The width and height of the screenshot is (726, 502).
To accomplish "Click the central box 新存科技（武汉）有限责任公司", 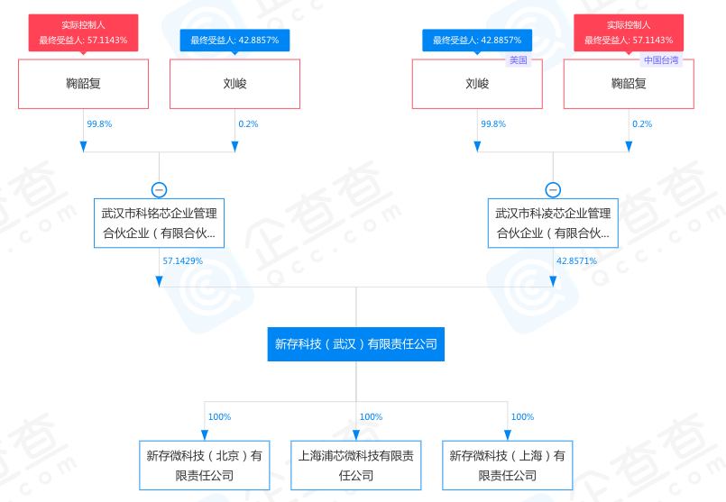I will (356, 343).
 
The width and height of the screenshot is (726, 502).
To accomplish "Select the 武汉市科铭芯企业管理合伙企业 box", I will (160, 224).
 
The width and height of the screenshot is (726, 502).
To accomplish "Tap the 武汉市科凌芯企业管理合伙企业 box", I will (553, 224).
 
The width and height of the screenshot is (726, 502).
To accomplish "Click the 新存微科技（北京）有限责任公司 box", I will (205, 465).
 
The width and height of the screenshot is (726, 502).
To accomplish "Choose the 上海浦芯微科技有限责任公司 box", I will (356, 465).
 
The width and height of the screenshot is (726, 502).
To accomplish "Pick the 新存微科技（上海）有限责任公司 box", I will (508, 465).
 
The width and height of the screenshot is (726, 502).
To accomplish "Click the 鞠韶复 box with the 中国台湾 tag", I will (629, 84).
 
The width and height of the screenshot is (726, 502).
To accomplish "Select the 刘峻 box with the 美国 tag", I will (477, 84).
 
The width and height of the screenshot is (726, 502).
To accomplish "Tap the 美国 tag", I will (518, 60).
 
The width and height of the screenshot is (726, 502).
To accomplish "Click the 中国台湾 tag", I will (660, 60).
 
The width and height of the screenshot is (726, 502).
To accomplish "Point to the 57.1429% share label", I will (183, 260).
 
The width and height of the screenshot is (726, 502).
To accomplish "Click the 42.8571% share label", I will (576, 260).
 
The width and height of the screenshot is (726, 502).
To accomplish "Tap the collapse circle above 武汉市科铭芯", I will (160, 190).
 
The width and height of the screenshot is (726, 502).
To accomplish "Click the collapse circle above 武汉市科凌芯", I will (553, 190).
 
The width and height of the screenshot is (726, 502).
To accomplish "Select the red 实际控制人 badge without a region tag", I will (83, 32).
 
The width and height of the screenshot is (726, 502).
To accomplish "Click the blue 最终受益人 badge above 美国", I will (477, 40).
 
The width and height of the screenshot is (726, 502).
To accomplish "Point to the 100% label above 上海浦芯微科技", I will (371, 417).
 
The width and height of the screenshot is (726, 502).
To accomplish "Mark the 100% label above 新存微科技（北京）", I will (219, 417).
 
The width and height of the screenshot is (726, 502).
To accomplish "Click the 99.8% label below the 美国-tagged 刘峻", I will (493, 124).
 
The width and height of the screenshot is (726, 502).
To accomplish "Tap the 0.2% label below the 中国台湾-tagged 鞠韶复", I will (642, 124).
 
